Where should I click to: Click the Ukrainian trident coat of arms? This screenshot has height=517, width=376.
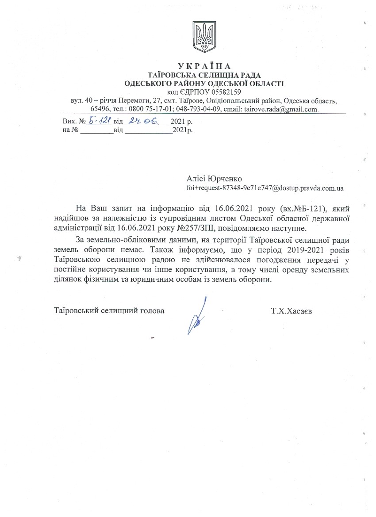204,37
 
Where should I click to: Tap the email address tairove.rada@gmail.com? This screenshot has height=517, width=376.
282,109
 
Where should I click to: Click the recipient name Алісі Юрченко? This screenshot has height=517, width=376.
214,178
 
